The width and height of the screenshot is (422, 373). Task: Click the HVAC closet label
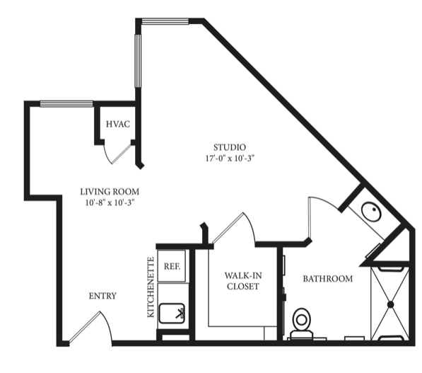click(x=118, y=125)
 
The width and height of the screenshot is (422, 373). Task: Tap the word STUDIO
click(x=230, y=147)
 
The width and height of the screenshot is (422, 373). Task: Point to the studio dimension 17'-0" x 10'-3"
click(x=230, y=159)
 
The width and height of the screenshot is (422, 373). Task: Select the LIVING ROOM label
click(x=110, y=192)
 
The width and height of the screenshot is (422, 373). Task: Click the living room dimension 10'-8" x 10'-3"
click(x=110, y=202)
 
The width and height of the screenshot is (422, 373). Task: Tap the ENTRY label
click(x=102, y=296)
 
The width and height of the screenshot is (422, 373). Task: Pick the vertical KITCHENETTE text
click(x=151, y=287)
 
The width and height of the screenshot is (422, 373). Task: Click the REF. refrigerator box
click(x=172, y=266)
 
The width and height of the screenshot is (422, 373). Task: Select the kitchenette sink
click(x=172, y=314)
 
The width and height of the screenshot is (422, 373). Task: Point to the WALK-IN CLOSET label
click(x=243, y=281)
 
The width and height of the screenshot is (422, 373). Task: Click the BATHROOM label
click(x=328, y=278)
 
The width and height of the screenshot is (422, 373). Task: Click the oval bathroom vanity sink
click(x=371, y=212)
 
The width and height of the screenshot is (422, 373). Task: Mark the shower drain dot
click(x=390, y=304)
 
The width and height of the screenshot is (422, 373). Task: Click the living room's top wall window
click(x=66, y=104)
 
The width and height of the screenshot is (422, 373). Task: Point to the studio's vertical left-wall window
click(x=138, y=61)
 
